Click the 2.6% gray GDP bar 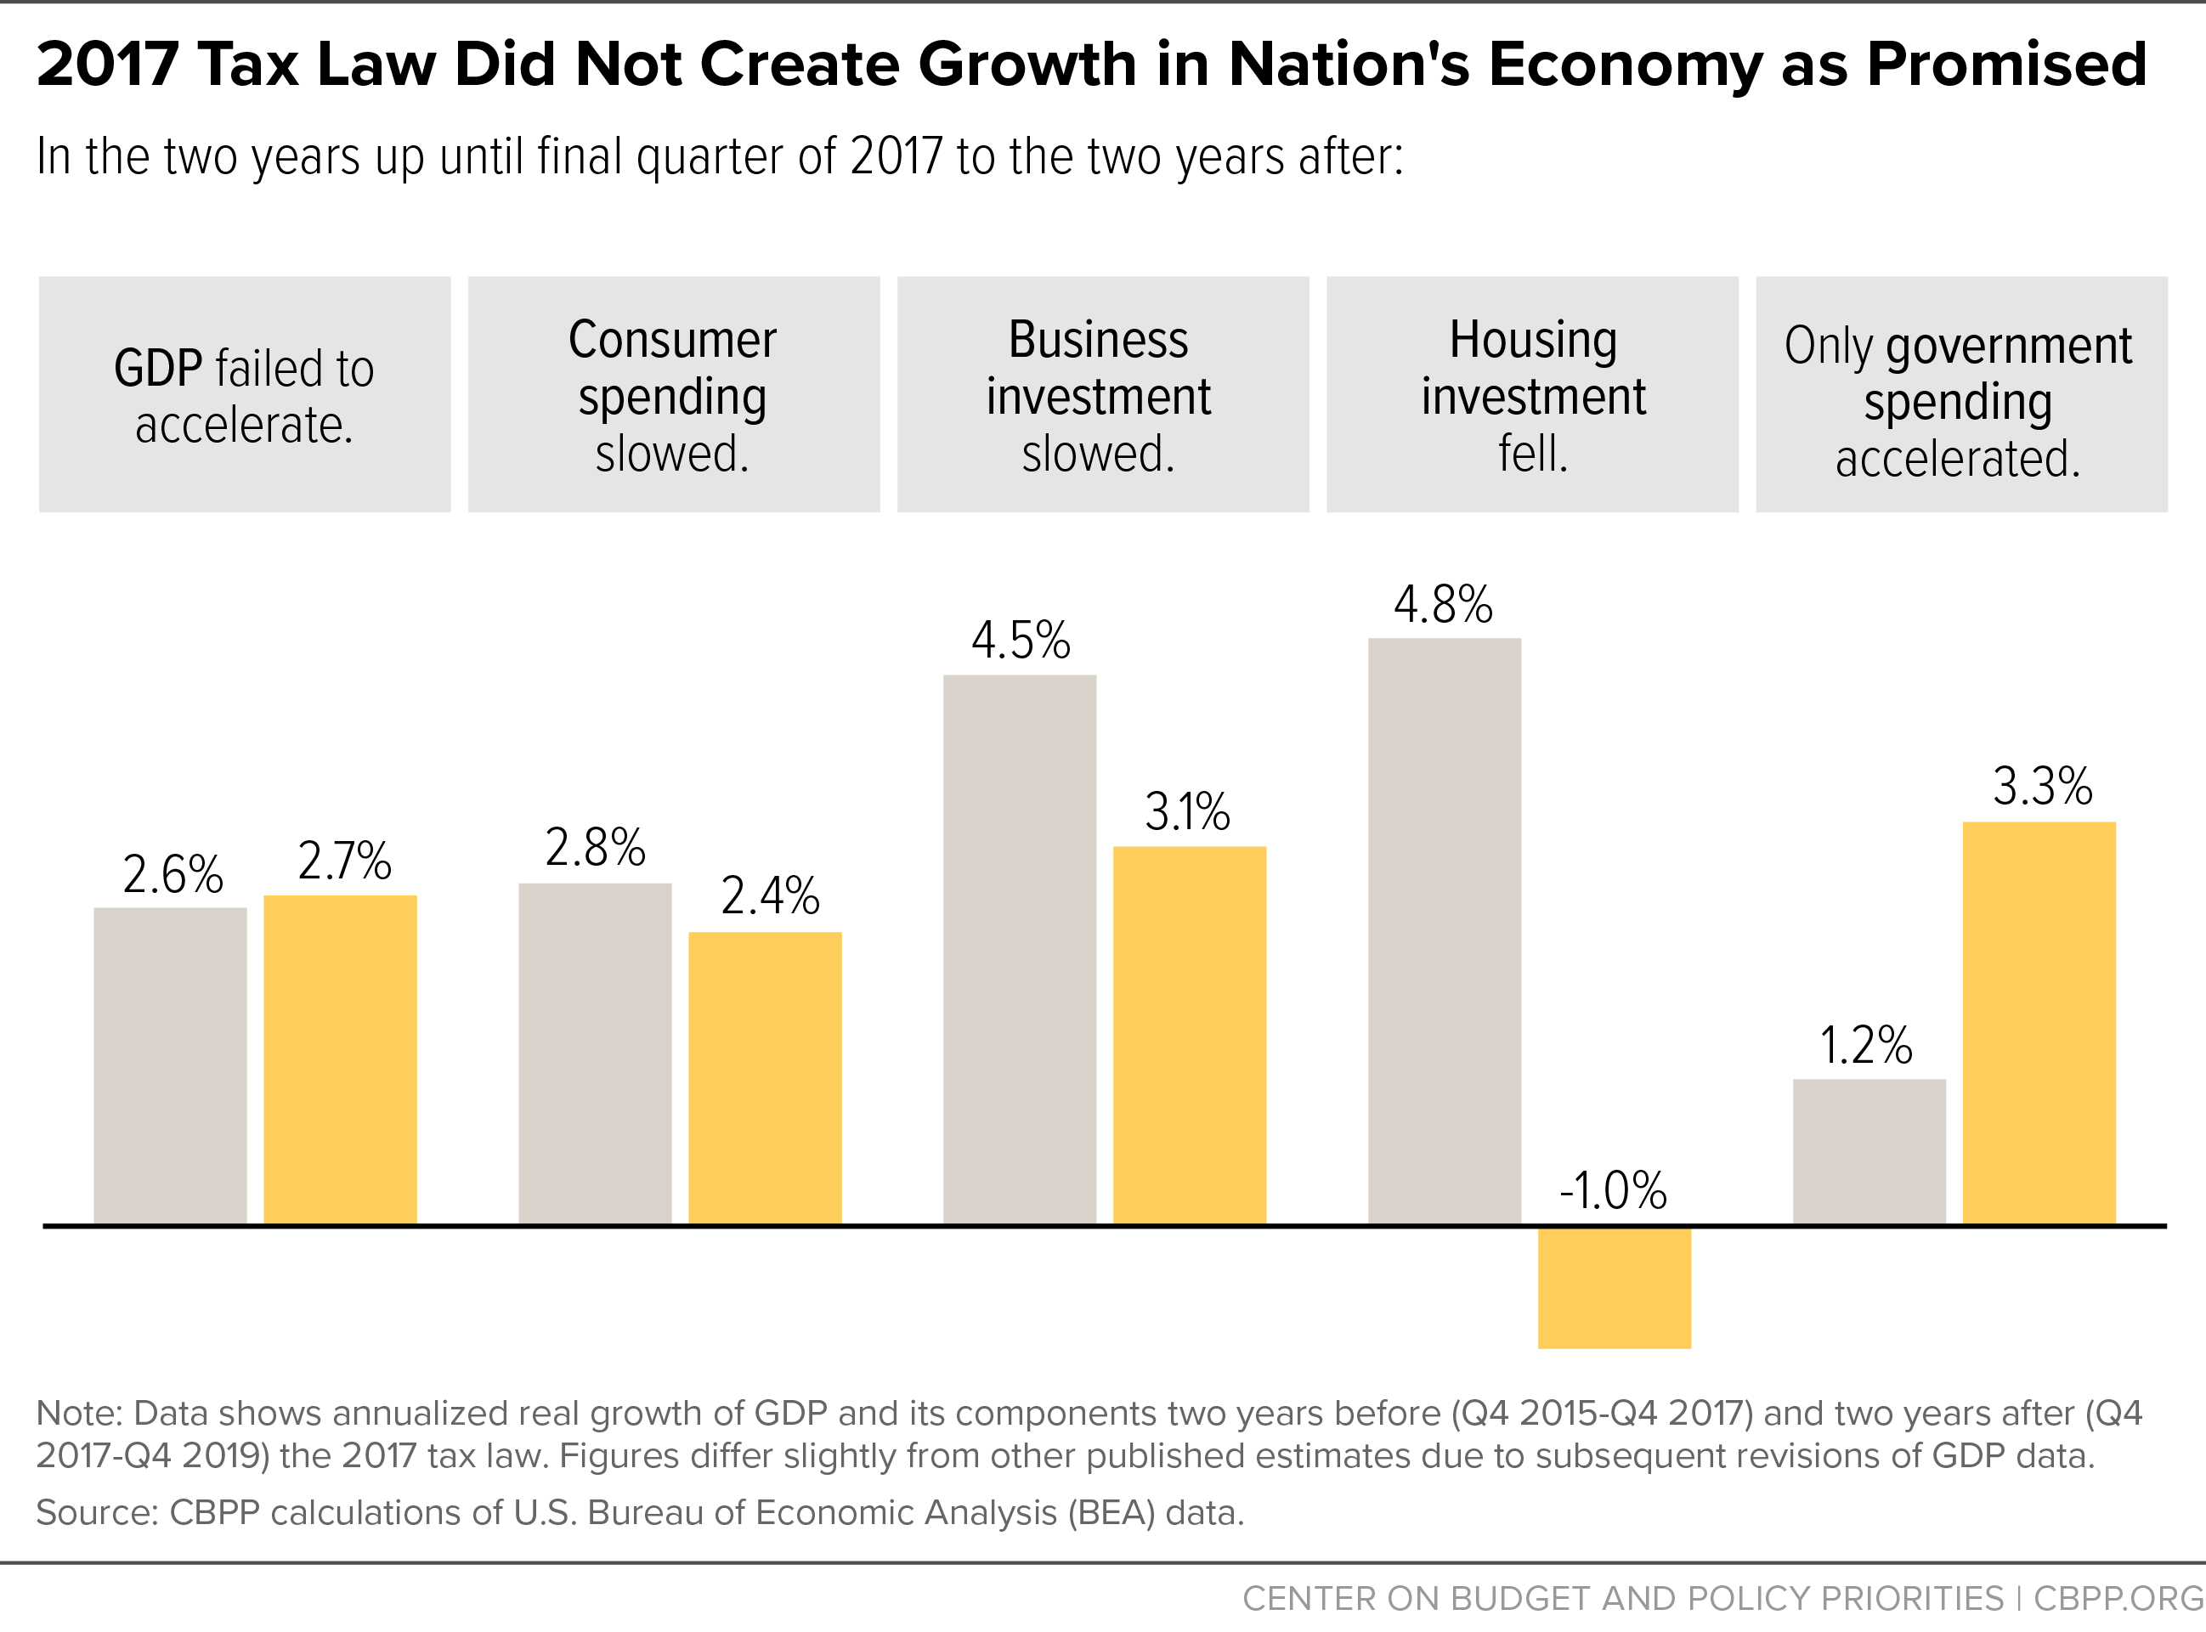click(170, 1066)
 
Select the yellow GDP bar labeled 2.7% click(340, 1060)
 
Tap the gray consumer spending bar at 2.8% click(595, 1054)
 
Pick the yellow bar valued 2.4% click(765, 1079)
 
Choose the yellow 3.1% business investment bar click(1190, 1036)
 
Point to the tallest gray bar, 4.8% click(1445, 932)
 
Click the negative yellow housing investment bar click(1615, 1288)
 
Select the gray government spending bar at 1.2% click(1869, 1152)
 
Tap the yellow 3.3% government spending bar click(2039, 1024)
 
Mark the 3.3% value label click(2043, 787)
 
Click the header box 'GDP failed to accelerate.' click(245, 394)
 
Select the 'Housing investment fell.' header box click(1532, 394)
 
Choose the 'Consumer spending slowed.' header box click(674, 394)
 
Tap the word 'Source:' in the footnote click(98, 1512)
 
